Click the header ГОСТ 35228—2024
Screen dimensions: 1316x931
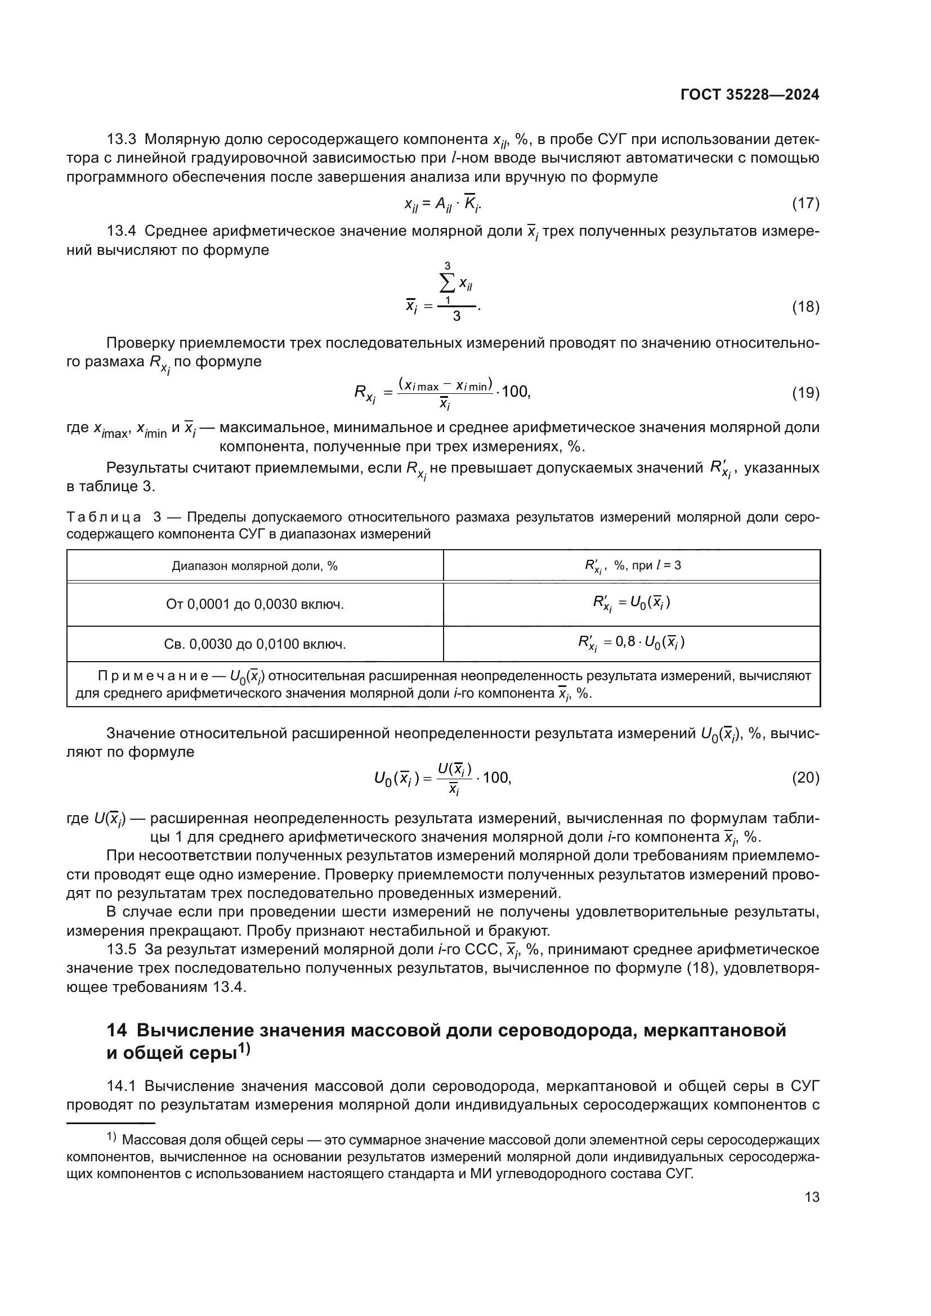coord(749,95)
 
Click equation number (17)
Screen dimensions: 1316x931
coord(805,203)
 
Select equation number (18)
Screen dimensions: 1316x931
coord(805,307)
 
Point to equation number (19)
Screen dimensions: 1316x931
coord(805,393)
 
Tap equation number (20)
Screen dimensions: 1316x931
coord(805,778)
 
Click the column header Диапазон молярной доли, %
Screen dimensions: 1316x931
coord(254,567)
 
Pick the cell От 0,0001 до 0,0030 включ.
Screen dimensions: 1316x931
coord(254,604)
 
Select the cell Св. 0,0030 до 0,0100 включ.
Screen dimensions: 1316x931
coord(254,644)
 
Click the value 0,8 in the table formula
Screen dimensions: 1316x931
coord(625,641)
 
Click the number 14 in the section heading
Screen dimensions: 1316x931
coord(117,1031)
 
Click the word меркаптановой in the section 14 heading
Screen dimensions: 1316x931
coord(714,1031)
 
